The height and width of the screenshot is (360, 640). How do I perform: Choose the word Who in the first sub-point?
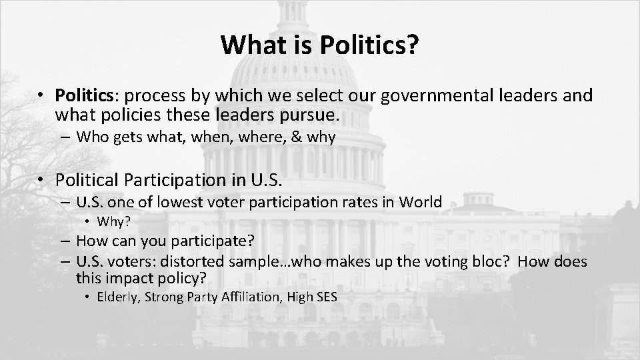click(x=90, y=137)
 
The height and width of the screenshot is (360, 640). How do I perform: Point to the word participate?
click(x=221, y=241)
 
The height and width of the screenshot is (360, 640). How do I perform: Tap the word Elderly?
click(x=117, y=297)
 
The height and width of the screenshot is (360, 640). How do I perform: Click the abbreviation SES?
click(x=324, y=297)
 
